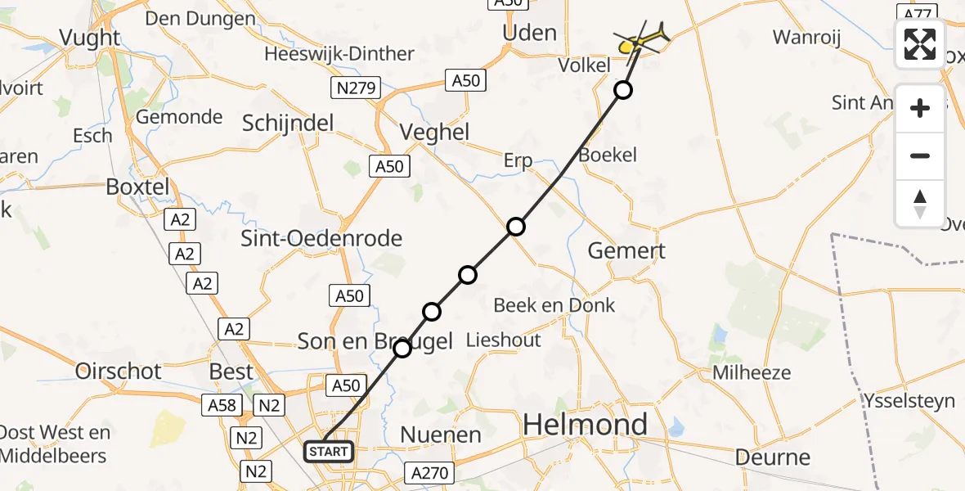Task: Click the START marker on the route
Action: tap(329, 451)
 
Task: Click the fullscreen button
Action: tap(920, 44)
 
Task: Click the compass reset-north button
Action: tap(920, 204)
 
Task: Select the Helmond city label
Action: tap(585, 425)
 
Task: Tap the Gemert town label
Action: tap(626, 250)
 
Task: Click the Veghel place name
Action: tap(434, 132)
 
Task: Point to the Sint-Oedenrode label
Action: tap(321, 238)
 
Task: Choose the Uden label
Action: tap(531, 33)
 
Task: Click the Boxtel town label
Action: tap(137, 187)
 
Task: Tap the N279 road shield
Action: tap(354, 86)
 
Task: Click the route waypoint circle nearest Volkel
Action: tap(623, 90)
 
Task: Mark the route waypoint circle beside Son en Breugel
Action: tap(402, 349)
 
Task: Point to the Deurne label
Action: tap(773, 457)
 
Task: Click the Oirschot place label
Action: tap(119, 371)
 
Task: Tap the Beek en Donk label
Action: tap(554, 305)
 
